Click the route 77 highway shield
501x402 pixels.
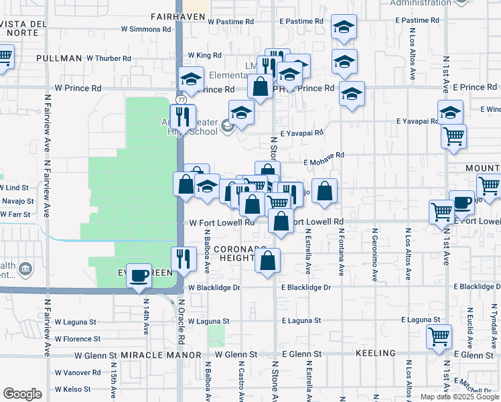click(x=181, y=99)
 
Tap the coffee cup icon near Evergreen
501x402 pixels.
click(x=139, y=275)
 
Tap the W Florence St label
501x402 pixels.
click(x=78, y=339)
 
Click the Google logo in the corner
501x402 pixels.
click(x=23, y=394)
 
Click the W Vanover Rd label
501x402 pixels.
click(x=78, y=373)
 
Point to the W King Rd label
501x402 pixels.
click(x=204, y=55)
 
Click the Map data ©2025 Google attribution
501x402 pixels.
click(x=459, y=397)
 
